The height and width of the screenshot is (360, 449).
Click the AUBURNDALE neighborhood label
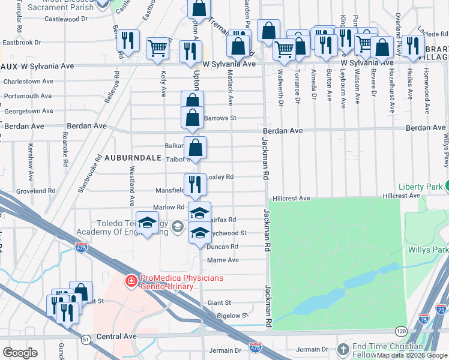click(x=133, y=158)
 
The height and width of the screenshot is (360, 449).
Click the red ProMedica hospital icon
click(x=130, y=280)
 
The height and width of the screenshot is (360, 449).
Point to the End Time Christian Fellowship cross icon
click(x=343, y=349)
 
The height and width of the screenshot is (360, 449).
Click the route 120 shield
click(x=400, y=331)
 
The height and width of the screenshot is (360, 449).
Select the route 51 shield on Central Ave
click(x=86, y=340)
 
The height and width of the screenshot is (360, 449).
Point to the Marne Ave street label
click(x=223, y=260)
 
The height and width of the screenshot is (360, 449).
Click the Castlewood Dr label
click(x=53, y=19)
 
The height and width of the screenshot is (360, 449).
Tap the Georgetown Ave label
click(x=29, y=111)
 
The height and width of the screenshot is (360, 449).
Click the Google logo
click(x=20, y=353)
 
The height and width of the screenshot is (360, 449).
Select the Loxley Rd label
click(x=220, y=177)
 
